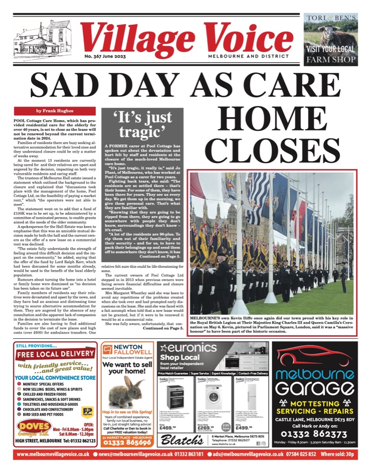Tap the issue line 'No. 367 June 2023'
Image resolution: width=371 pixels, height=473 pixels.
click(106, 56)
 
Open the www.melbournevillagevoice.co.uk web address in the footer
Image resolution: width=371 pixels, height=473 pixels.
click(53, 455)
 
